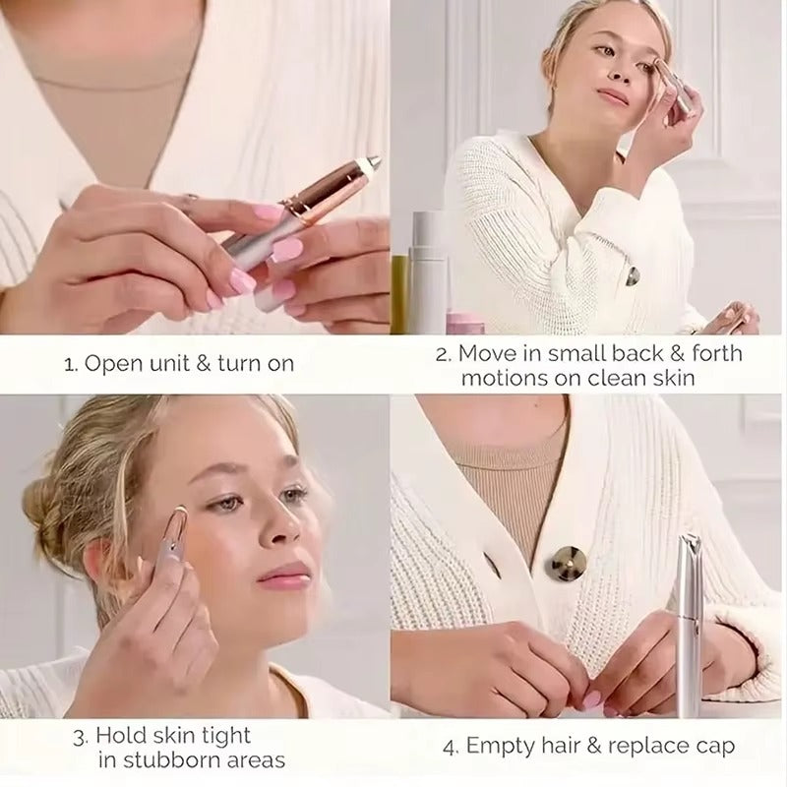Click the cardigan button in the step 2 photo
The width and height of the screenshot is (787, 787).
(x=632, y=276)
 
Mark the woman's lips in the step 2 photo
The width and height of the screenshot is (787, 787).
(x=614, y=95)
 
